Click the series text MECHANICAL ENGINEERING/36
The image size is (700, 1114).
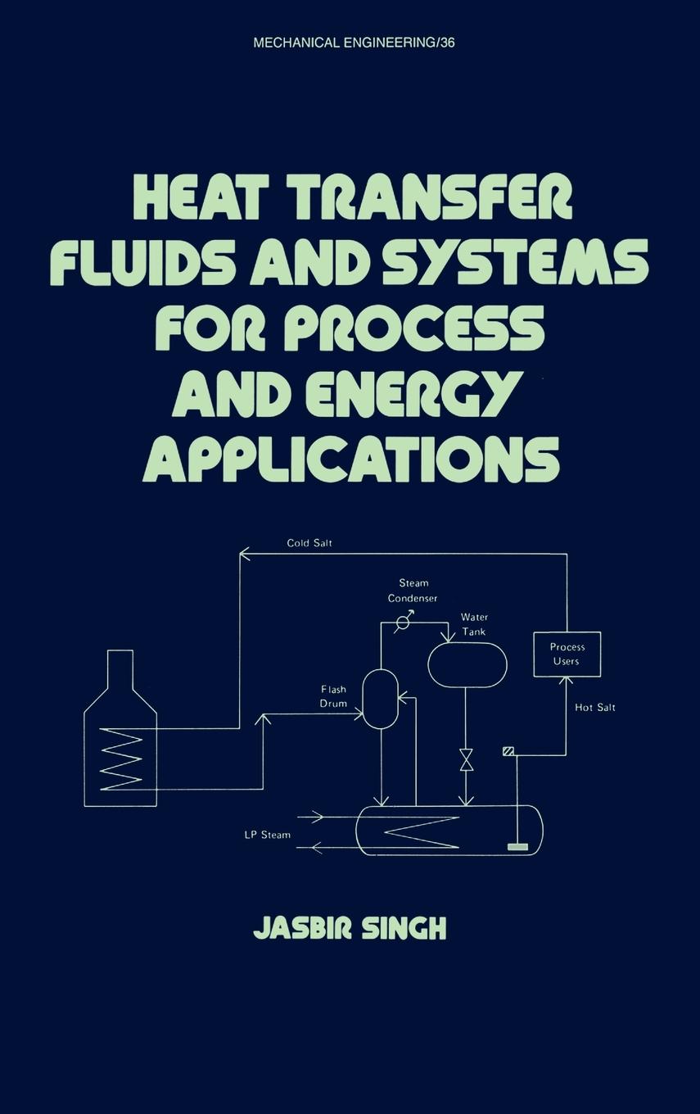click(x=354, y=43)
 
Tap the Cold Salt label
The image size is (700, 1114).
click(x=309, y=543)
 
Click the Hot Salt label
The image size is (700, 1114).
click(x=595, y=708)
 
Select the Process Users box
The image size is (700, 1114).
click(x=567, y=654)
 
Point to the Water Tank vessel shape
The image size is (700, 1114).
click(x=467, y=664)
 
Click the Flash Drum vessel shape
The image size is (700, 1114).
click(x=380, y=699)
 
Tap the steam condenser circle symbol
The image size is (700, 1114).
click(x=403, y=623)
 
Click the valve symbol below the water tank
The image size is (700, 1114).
click(x=466, y=759)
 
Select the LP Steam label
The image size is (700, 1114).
click(x=267, y=835)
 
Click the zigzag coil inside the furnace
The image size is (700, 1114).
click(x=121, y=761)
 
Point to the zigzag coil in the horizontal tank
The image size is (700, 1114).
click(x=422, y=830)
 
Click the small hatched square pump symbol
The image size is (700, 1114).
click(x=508, y=751)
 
